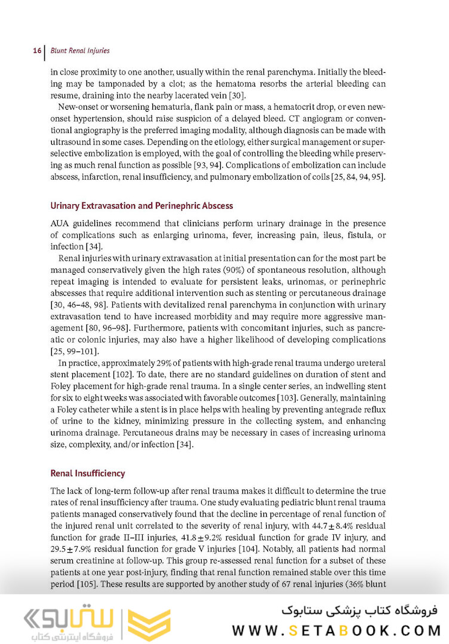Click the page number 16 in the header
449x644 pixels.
coord(36,51)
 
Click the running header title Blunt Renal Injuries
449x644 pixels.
coord(80,51)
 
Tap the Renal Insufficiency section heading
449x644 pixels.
coord(88,473)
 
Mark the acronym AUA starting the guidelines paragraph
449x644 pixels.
coord(60,223)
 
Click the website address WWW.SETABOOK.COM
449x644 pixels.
coord(336,630)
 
